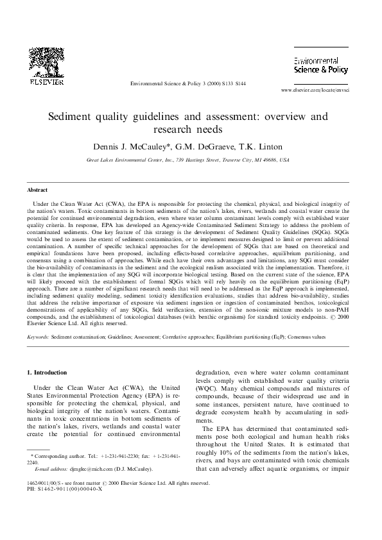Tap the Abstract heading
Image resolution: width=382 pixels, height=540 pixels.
click(x=37, y=190)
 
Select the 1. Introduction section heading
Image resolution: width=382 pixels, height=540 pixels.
click(x=49, y=373)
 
